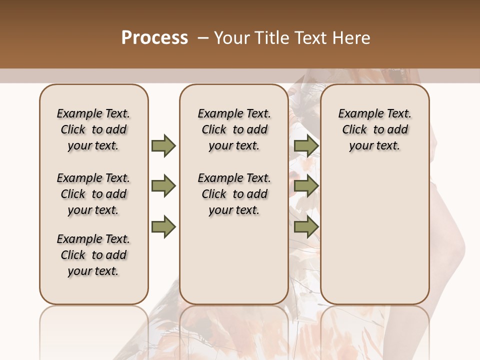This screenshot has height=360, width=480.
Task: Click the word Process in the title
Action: coord(154,38)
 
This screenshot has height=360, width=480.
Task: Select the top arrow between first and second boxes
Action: coord(163,145)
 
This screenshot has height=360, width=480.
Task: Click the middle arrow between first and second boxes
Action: coord(163,186)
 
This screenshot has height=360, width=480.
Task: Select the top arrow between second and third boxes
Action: coord(306,145)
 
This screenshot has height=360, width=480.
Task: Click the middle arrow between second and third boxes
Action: coord(306,186)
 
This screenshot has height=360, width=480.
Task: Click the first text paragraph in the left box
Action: coord(93,129)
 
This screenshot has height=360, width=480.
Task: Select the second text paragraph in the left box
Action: coord(93,194)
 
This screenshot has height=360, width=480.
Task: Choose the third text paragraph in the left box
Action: coord(93,255)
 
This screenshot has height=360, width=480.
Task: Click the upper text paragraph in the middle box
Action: coord(234,129)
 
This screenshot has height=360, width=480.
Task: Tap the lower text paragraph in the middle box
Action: coord(234,194)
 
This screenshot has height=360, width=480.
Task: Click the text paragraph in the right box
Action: coord(374,129)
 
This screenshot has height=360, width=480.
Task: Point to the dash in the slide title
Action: coord(203,38)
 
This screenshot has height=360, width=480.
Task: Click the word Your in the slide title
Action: coord(232,38)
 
